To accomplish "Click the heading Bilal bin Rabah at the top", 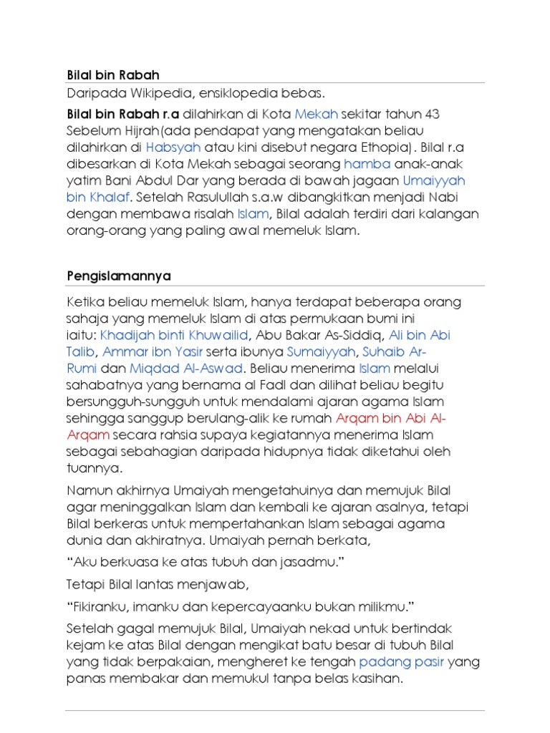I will (112, 74).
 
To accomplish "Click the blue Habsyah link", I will (173, 147).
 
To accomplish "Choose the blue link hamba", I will (367, 163).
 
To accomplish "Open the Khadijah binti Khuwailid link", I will (174, 335).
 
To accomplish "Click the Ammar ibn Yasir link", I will (153, 351).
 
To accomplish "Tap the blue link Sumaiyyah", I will (322, 351).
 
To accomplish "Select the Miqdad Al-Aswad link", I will (187, 369).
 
